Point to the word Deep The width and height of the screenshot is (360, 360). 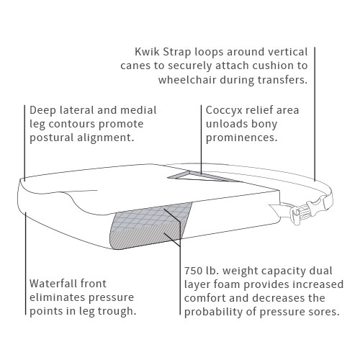pos(42,111)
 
